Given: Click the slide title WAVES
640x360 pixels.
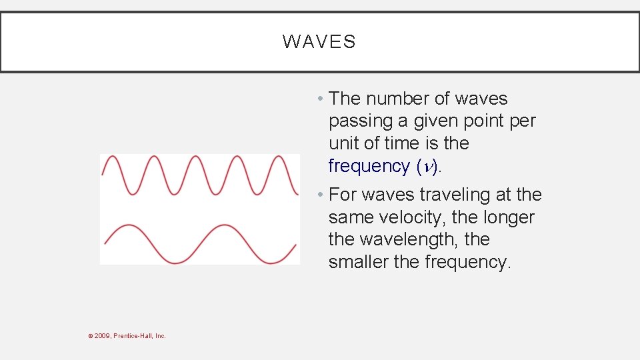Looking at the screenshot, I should coord(319,42).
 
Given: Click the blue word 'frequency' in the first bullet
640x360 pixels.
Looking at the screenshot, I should coord(369,166).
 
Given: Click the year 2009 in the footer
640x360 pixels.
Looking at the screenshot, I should coord(103,336).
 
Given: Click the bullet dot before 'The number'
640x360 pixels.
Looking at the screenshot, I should coord(321,99).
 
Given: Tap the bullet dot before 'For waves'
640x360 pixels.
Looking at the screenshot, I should coord(321,195).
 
